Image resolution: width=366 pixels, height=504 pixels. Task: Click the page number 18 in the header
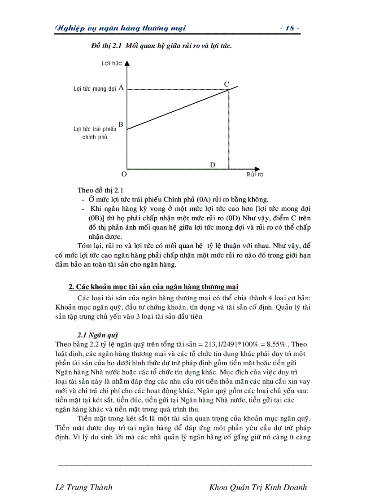pos(289,28)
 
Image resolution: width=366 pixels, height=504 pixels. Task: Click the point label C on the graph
pos(227,84)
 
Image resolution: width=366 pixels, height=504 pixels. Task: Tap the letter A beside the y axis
pos(121,88)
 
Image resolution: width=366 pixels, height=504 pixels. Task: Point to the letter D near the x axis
pos(213,165)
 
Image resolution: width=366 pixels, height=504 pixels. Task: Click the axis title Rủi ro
pos(254,174)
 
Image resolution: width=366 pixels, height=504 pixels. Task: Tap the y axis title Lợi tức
pos(112,64)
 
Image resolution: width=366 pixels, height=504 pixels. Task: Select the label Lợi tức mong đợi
pos(95,89)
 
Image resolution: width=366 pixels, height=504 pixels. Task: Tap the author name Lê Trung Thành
pos(83,487)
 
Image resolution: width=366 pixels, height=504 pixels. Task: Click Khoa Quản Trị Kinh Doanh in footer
pos(258,487)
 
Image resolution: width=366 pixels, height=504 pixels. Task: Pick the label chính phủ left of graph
pos(95,137)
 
